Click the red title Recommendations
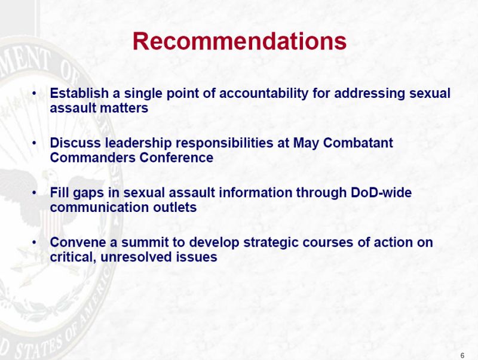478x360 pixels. coord(240,41)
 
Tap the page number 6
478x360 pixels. coord(462,355)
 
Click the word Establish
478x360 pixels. coord(79,93)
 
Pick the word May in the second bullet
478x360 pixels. coord(306,143)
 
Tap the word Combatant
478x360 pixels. coord(358,143)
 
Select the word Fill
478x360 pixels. coord(59,192)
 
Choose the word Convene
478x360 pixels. coord(78,242)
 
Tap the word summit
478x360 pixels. coord(145,242)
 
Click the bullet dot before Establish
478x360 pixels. coord(35,93)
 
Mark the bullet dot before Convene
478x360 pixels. coord(35,242)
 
